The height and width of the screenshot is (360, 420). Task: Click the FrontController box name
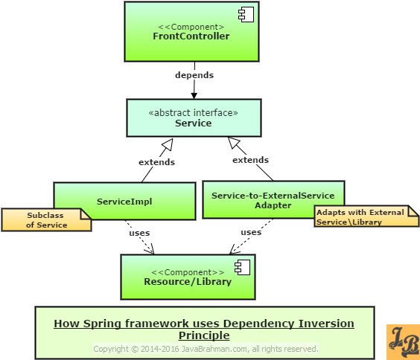(191, 36)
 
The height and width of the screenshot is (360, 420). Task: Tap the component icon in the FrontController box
(246, 14)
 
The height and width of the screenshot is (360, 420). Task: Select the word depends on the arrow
(194, 75)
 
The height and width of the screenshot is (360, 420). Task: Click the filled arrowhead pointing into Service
(194, 96)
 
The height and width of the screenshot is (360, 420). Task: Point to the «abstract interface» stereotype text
(194, 112)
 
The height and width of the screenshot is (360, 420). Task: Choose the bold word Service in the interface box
(193, 123)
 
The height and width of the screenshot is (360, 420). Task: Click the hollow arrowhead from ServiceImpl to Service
(168, 144)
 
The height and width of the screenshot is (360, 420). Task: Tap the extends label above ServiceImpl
(156, 162)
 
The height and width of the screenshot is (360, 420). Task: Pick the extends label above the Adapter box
(250, 160)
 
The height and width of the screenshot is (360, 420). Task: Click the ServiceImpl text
(124, 202)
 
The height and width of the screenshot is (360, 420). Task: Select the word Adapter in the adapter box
(273, 205)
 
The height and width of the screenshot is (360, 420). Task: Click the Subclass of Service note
(46, 220)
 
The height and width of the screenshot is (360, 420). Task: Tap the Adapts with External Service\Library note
(366, 216)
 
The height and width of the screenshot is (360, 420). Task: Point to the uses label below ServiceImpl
(139, 233)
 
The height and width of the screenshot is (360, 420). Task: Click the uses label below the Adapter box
(251, 232)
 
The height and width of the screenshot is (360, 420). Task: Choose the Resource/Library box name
(188, 282)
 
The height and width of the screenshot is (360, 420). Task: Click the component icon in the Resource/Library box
(243, 267)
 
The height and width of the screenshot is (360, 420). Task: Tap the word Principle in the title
(204, 335)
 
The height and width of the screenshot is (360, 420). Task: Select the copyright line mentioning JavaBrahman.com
(206, 349)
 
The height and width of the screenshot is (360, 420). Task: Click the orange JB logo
(403, 342)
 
